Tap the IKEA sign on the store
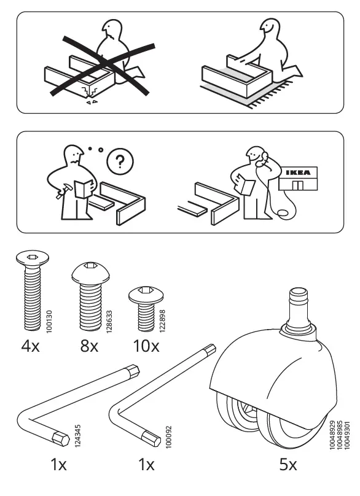click(299, 172)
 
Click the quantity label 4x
click(30, 346)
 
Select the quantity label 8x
click(89, 346)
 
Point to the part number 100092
click(167, 436)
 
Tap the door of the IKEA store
click(299, 185)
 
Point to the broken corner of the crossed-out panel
click(94, 95)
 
